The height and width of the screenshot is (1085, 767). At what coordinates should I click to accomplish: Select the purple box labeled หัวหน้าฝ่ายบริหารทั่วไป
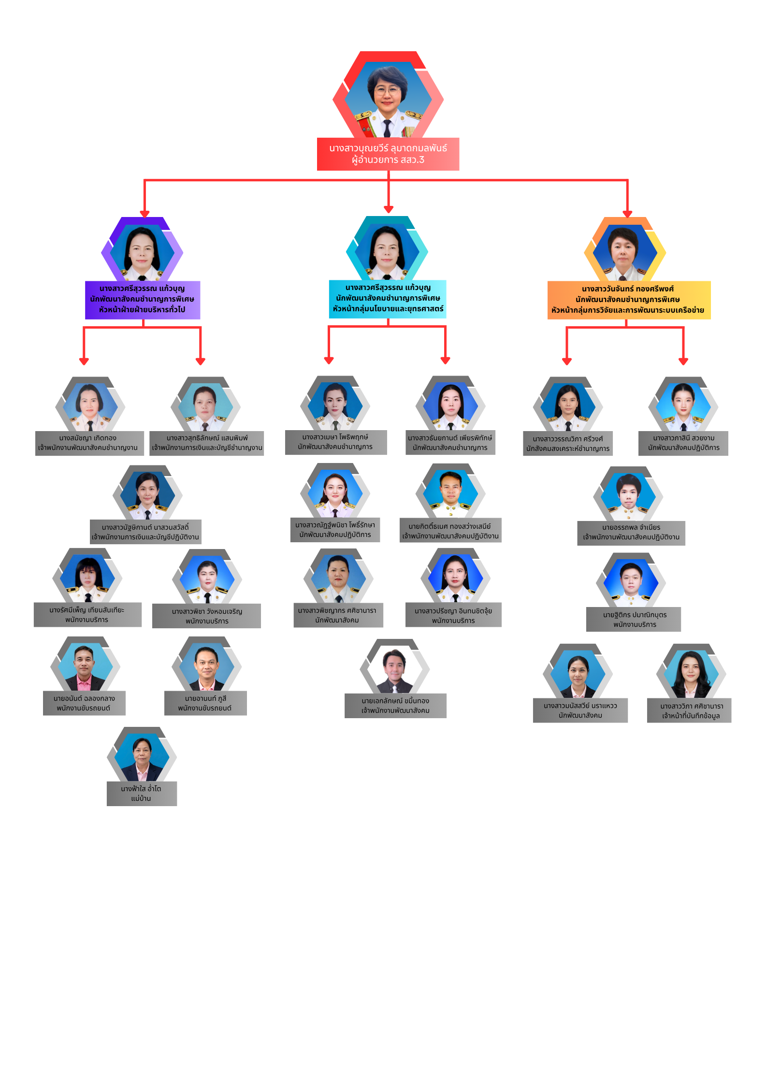point(143,300)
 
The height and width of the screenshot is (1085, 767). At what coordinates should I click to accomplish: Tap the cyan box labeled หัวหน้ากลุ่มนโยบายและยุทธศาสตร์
point(388,299)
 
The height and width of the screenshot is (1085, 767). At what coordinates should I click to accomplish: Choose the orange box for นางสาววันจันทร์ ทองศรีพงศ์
point(629,300)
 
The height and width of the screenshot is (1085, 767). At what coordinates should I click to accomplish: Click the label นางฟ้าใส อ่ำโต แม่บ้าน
point(142,794)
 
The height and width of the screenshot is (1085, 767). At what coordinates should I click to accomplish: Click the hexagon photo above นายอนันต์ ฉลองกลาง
point(85,664)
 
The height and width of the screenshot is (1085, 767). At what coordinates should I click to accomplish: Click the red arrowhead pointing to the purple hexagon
point(145,214)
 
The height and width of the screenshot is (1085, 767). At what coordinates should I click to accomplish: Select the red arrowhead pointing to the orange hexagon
point(627,214)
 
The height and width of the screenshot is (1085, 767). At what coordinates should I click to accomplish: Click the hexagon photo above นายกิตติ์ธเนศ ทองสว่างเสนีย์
point(451,492)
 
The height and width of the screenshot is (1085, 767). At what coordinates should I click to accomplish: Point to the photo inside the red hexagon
point(388,99)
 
